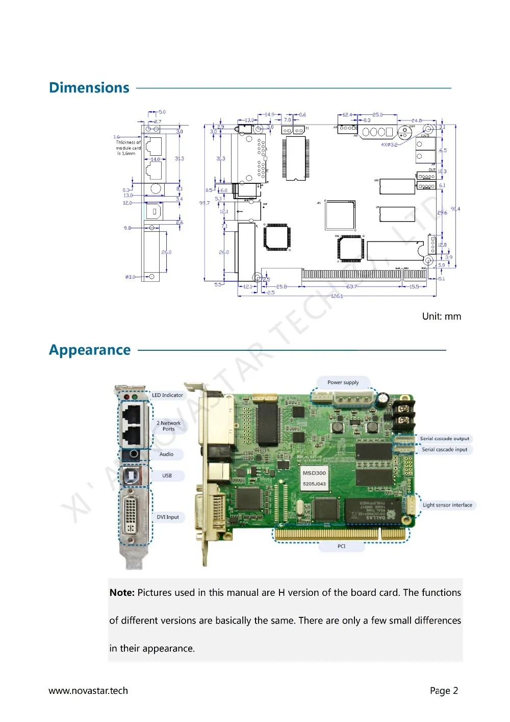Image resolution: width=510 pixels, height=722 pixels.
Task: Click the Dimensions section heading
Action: pos(89,88)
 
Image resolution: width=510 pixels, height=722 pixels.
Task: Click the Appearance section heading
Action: pos(90,350)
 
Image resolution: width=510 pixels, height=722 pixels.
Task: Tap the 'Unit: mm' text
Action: pos(441,317)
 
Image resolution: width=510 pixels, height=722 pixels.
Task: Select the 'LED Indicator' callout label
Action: pos(167,395)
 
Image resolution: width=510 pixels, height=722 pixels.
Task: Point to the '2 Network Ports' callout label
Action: pos(168,426)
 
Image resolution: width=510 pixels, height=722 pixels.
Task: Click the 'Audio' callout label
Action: pos(166,454)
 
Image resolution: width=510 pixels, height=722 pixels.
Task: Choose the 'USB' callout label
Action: pos(167,475)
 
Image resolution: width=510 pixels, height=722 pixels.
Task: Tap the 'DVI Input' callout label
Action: pos(168,517)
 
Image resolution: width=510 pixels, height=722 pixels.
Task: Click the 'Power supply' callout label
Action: pos(343,382)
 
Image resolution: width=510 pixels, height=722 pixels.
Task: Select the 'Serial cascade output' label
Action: pos(444,439)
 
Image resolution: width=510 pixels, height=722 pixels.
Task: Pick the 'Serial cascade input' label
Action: pos(444,450)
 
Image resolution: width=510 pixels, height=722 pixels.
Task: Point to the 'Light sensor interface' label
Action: pos(447,505)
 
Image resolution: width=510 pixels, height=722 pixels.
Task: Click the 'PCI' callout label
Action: pos(341,546)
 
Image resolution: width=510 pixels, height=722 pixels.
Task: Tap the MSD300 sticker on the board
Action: pos(314,478)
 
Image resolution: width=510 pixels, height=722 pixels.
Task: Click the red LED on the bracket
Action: pos(126,396)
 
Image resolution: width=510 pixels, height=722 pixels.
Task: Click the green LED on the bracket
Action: pos(135,396)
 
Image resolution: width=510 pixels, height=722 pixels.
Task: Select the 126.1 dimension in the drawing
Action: pos(337,296)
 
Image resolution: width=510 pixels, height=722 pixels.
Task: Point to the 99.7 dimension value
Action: pos(204,203)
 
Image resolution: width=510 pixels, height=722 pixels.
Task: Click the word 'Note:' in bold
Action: pos(122,593)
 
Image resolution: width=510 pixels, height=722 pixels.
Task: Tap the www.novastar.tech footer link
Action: pos(88,691)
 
